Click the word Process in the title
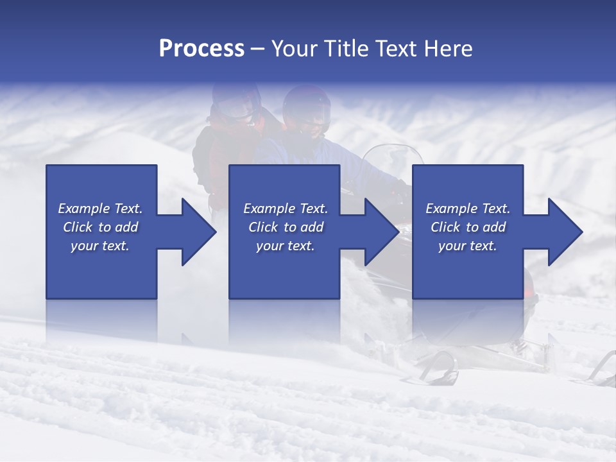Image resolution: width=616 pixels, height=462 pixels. (x=201, y=49)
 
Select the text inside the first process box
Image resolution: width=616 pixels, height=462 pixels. (x=101, y=227)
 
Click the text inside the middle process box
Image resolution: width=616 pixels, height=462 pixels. (x=286, y=227)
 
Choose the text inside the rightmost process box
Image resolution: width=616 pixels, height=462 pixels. (x=468, y=227)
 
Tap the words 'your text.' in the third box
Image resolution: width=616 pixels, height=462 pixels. (x=468, y=246)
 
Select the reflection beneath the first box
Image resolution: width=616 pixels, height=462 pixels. (x=101, y=321)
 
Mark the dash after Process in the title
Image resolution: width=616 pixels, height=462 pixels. (x=258, y=49)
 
